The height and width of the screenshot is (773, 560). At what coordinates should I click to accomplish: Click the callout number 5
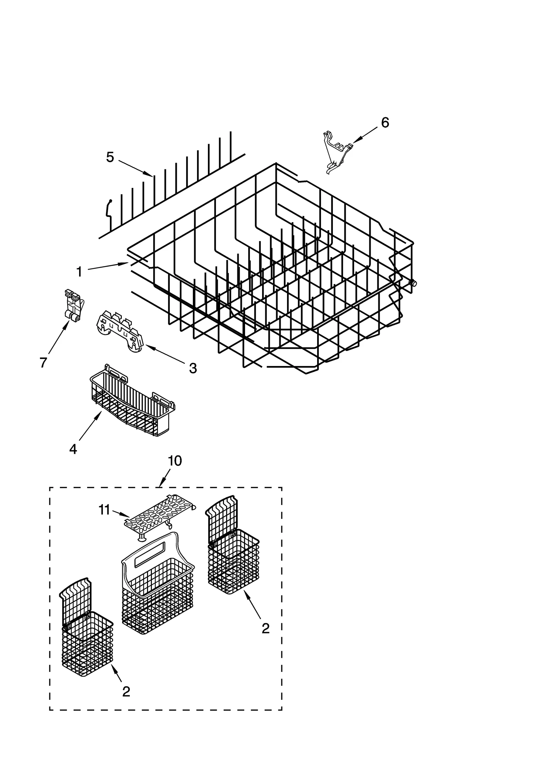[x=110, y=157]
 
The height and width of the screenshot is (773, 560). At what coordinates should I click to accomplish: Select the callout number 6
[x=385, y=122]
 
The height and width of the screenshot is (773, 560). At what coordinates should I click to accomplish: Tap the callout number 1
[x=79, y=272]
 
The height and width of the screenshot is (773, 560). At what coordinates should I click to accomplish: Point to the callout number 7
[x=43, y=363]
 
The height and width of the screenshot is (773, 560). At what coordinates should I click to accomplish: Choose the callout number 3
[x=193, y=368]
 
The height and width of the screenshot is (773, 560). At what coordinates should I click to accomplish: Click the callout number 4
[x=73, y=449]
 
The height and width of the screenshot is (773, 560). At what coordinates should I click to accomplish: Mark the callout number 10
[x=175, y=461]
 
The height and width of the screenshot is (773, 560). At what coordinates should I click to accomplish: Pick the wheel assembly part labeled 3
[x=120, y=331]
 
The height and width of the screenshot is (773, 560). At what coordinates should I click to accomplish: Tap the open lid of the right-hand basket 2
[x=221, y=516]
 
